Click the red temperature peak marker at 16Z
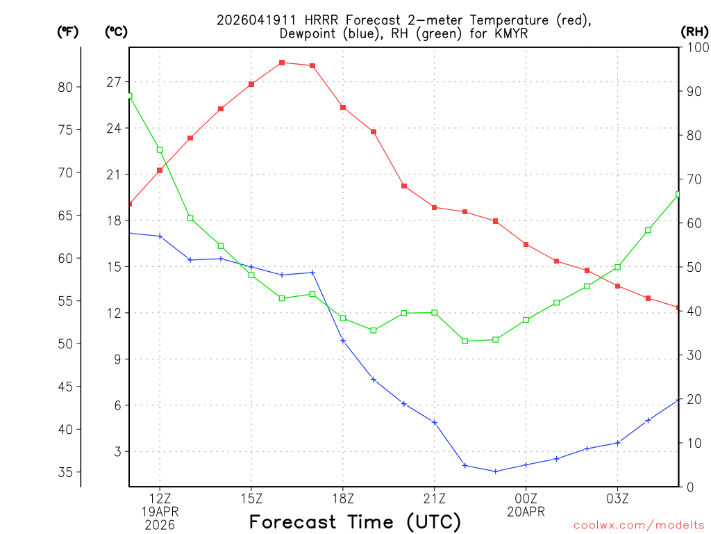[282, 63]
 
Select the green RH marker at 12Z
[160, 149]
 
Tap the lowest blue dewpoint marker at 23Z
[495, 471]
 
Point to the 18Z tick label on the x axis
[343, 498]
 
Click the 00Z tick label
[526, 498]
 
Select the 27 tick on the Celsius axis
[114, 82]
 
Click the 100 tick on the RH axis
[696, 47]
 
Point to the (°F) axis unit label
[67, 31]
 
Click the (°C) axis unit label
[116, 31]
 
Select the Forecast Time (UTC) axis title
[355, 521]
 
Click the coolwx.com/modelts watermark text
[639, 526]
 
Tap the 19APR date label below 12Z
[160, 511]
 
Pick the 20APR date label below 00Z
[526, 511]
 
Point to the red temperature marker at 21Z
[435, 207]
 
